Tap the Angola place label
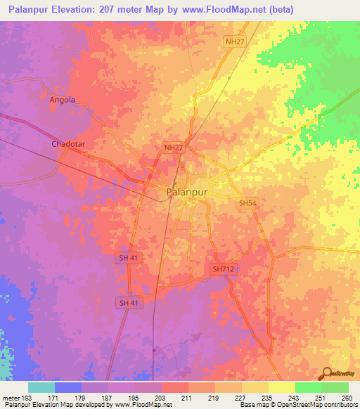tap(62, 100)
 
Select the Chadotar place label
tap(68, 144)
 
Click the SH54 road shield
tap(246, 203)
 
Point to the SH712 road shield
tap(222, 269)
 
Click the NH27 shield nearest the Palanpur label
tap(173, 148)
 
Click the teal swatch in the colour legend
tap(41, 387)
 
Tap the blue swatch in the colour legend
tap(68, 387)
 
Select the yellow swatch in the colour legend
tap(282, 387)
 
